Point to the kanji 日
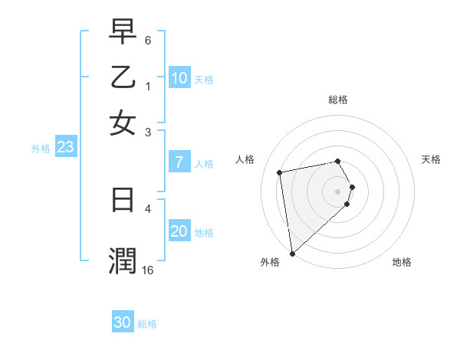(x=123, y=200)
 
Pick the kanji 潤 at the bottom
(x=123, y=260)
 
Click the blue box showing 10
(x=179, y=78)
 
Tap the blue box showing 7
(x=179, y=162)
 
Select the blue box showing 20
(x=179, y=231)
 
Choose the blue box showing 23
(x=65, y=148)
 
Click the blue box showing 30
(x=123, y=322)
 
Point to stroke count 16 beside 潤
(x=148, y=270)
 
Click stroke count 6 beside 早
(x=148, y=39)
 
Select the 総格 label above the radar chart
(x=338, y=100)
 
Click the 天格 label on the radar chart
(x=431, y=159)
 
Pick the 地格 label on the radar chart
(x=402, y=262)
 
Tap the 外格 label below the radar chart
(x=270, y=262)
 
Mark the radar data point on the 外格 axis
(x=291, y=253)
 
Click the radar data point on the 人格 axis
(x=280, y=172)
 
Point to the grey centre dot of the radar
(x=338, y=191)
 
